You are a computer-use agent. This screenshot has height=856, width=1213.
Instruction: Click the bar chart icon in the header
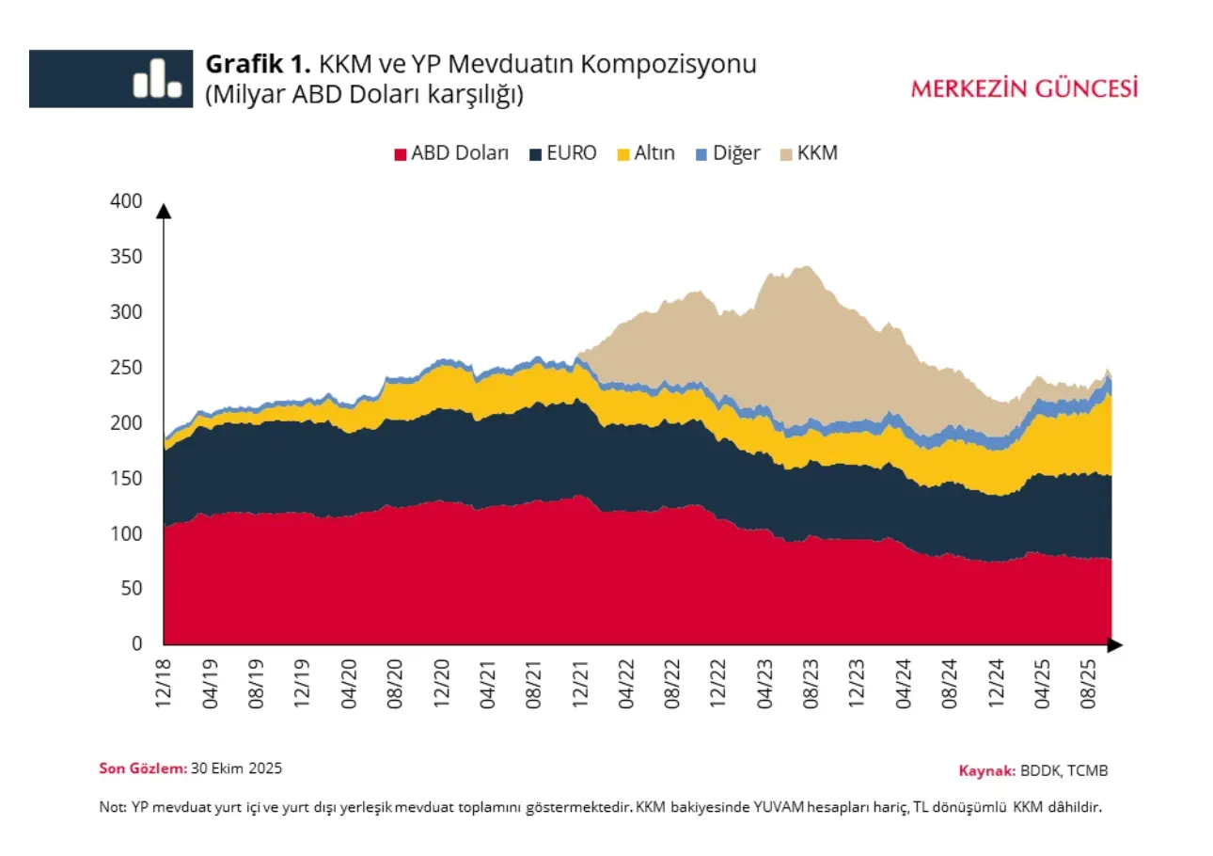tap(157, 78)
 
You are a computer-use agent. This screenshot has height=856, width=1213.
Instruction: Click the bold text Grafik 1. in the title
tap(258, 64)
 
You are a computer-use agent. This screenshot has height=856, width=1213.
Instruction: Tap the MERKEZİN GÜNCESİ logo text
tap(1024, 88)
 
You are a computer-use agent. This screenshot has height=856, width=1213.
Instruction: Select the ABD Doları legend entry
tap(450, 153)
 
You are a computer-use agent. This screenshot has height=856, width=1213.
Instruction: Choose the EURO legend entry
tap(562, 153)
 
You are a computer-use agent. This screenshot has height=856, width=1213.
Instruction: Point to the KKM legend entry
tap(808, 153)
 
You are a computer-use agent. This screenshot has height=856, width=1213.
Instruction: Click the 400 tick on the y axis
tap(126, 201)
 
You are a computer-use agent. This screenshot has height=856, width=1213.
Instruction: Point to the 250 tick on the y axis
tap(126, 368)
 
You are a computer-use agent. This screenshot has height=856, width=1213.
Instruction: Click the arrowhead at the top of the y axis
tap(164, 211)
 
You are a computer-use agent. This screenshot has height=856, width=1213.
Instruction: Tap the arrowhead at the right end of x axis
tap(1114, 644)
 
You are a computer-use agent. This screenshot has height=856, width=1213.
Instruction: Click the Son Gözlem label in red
tap(143, 768)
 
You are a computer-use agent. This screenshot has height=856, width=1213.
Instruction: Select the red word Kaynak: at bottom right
tap(986, 770)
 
